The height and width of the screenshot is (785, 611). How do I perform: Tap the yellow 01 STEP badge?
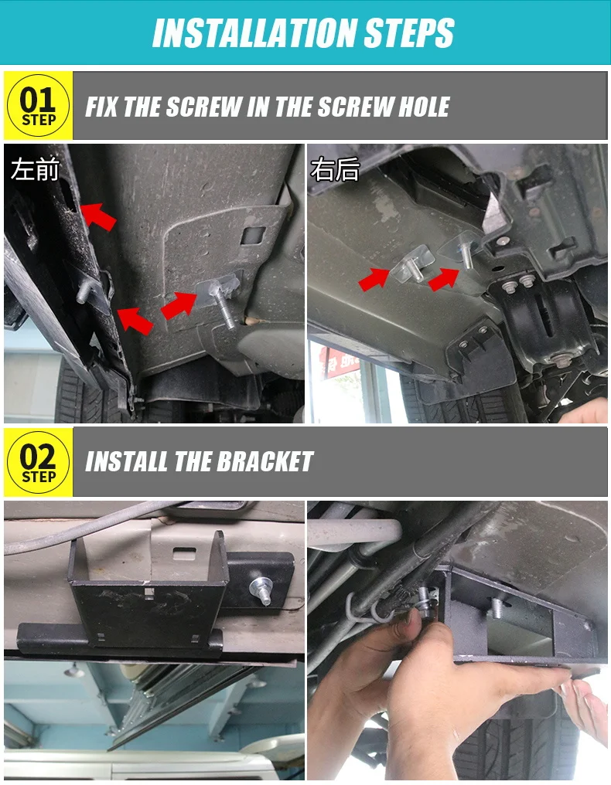(x=38, y=107)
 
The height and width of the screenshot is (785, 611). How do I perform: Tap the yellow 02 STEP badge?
(x=38, y=462)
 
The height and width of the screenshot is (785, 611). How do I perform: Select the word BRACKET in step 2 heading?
(x=265, y=462)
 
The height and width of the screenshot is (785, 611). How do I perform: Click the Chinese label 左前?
(x=35, y=169)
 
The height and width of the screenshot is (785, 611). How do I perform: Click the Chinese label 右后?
(x=335, y=169)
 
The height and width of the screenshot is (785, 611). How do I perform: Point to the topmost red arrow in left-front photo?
(x=98, y=216)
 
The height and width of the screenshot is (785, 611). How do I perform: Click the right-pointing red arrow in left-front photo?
(x=179, y=304)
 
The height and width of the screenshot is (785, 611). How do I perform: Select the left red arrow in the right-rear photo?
(x=376, y=277)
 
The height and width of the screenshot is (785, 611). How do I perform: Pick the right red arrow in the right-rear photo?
(x=445, y=277)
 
